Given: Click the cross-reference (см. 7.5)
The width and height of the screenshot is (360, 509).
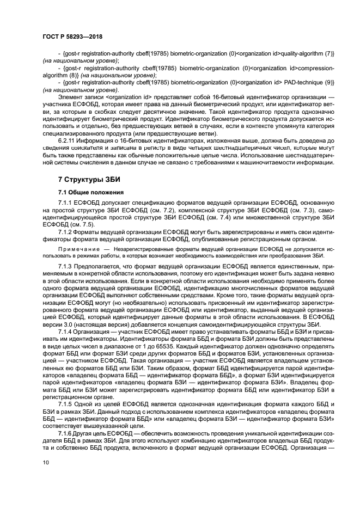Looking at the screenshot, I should click(77, 224).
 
